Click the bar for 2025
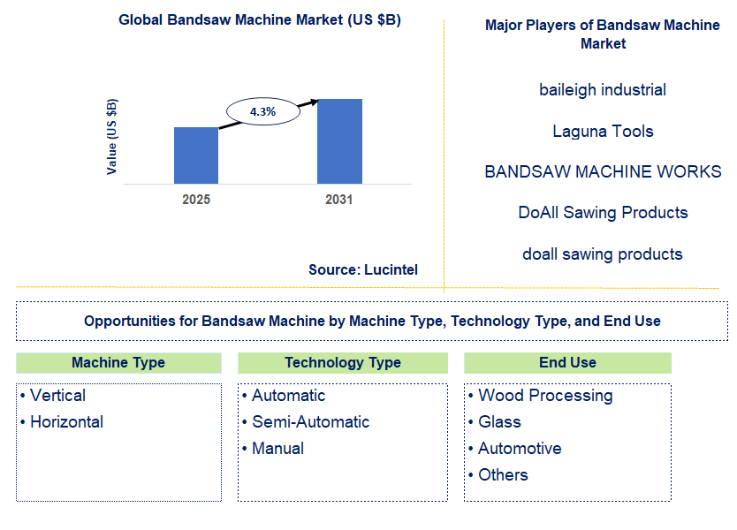pos(196,155)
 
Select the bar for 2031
pos(339,141)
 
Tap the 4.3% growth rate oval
pos(262,112)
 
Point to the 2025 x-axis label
pos(196,200)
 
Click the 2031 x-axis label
pos(338,200)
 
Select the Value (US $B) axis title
pos(112,136)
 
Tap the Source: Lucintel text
pos(363,269)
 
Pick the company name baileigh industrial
pos(603,90)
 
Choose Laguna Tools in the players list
pos(603,132)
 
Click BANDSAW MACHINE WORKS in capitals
pos(603,172)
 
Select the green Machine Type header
pos(118,363)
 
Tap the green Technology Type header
pos(343,363)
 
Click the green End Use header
pos(567,363)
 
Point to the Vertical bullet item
pos(57,396)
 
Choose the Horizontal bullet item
pos(66,422)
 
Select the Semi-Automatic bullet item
pos(310,422)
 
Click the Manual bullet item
pos(277,449)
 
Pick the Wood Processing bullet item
pos(545,396)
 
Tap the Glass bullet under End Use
pos(499,422)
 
